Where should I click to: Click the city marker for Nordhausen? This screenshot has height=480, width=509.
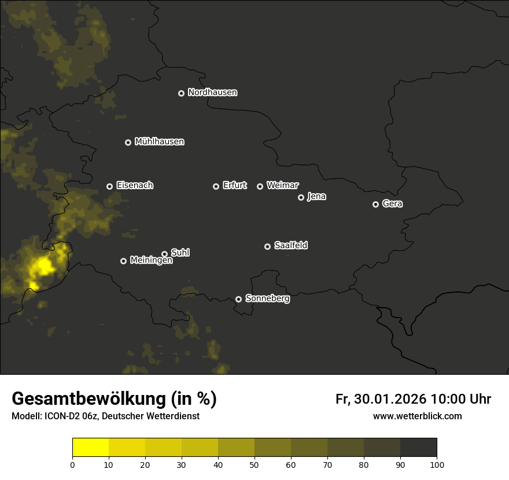pyautogui.click(x=181, y=93)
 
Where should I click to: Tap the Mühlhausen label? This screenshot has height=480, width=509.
pyautogui.click(x=159, y=141)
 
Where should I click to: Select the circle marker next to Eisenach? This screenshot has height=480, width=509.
pyautogui.click(x=109, y=186)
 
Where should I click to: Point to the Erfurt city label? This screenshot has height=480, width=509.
pyautogui.click(x=234, y=186)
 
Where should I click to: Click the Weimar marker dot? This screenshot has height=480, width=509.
pyautogui.click(x=260, y=186)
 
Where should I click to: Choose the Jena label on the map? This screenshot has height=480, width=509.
pyautogui.click(x=316, y=197)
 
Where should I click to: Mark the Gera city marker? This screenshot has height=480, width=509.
pyautogui.click(x=375, y=204)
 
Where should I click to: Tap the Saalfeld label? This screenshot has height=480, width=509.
pyautogui.click(x=290, y=245)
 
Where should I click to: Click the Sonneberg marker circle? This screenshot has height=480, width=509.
pyautogui.click(x=238, y=299)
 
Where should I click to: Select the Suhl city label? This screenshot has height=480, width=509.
pyautogui.click(x=180, y=253)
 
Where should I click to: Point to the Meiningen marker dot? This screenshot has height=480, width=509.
pyautogui.click(x=123, y=261)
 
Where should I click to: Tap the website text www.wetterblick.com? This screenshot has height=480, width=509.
pyautogui.click(x=417, y=416)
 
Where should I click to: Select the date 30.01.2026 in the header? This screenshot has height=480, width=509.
pyautogui.click(x=389, y=399)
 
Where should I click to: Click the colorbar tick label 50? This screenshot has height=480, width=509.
pyautogui.click(x=254, y=464)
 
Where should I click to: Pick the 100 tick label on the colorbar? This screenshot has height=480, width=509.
pyautogui.click(x=437, y=464)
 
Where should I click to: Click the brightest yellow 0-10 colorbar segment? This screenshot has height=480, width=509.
pyautogui.click(x=91, y=448)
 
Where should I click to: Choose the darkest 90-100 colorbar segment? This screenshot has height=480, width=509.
pyautogui.click(x=418, y=448)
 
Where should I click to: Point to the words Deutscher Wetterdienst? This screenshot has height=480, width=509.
pyautogui.click(x=150, y=416)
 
